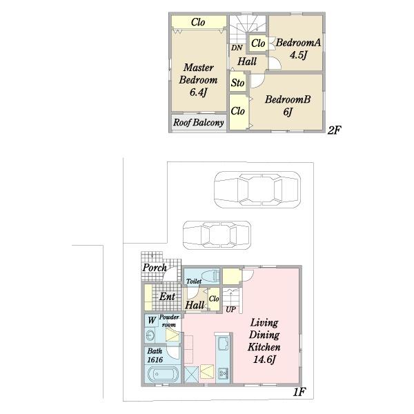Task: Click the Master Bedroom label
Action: [198, 80]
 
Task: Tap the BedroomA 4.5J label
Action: [298, 49]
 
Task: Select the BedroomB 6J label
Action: [288, 106]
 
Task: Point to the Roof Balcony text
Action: [199, 123]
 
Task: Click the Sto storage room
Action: [237, 83]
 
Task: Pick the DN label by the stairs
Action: [237, 48]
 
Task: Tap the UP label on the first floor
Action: [230, 309]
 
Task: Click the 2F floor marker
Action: [334, 130]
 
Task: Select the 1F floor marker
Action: [299, 392]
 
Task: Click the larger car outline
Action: [257, 190]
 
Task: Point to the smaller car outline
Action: [217, 235]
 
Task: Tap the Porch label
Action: [155, 268]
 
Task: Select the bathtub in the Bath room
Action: [162, 373]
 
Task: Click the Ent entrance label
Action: [167, 297]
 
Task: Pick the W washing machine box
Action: [152, 321]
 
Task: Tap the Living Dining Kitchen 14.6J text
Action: [264, 341]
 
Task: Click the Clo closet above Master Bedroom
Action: [198, 22]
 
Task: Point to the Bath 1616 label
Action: [155, 355]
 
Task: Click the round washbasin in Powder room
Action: [150, 335]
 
